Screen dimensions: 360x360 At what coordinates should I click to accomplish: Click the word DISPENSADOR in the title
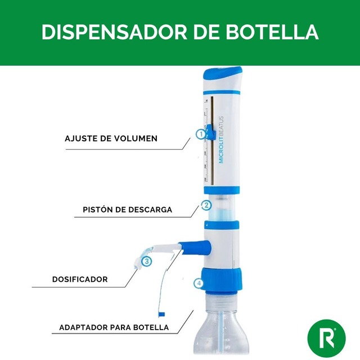point(114,32)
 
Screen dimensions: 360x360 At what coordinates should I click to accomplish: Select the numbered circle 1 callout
point(201,134)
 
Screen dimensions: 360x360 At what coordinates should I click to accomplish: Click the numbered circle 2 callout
point(206,205)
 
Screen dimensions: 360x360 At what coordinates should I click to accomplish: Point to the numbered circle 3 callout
point(147,261)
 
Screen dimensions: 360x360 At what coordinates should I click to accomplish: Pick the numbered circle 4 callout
point(199,283)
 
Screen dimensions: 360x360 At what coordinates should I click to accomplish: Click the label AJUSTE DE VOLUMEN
point(111,139)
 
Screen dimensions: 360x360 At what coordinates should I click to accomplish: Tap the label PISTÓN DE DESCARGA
point(128,210)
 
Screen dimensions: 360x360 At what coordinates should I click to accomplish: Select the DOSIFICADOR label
point(80,280)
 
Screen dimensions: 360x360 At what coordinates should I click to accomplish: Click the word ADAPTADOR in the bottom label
point(83,327)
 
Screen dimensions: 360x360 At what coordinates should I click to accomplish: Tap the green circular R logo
point(326,338)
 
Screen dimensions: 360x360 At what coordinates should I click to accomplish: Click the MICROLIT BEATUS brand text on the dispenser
point(221,140)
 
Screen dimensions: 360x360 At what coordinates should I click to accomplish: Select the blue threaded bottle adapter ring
point(221,280)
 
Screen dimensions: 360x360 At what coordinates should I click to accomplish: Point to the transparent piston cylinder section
point(222,208)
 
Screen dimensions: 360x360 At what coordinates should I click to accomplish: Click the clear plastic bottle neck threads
point(220,301)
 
